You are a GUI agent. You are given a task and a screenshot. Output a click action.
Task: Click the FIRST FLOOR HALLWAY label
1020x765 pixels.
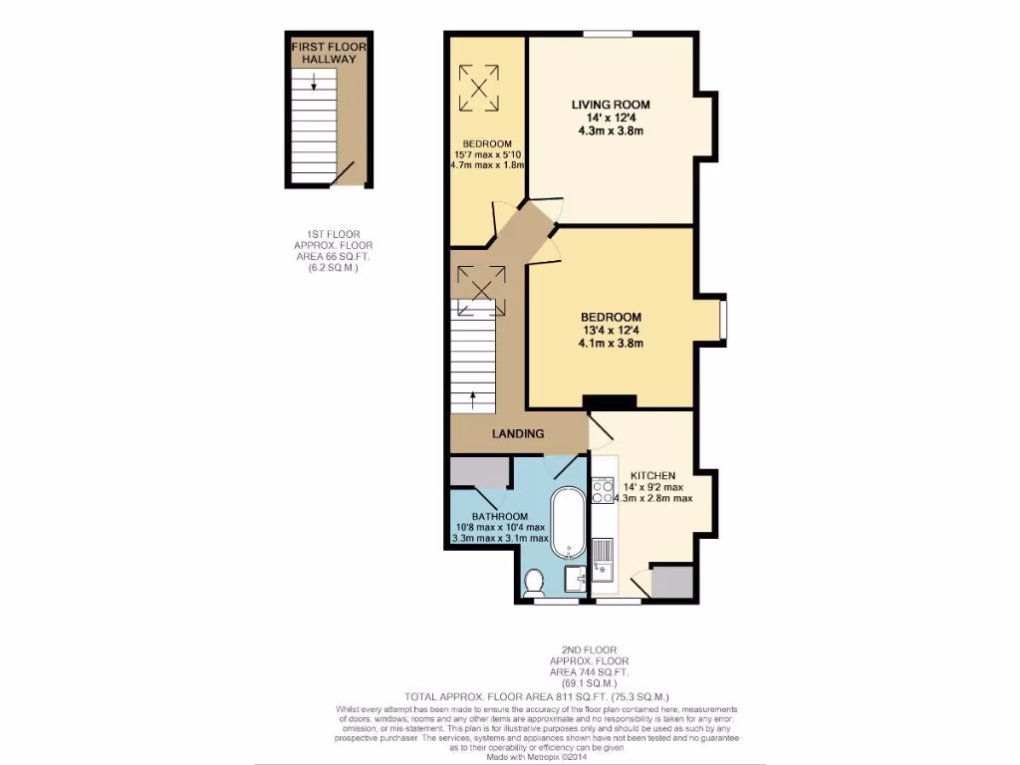(x=324, y=53)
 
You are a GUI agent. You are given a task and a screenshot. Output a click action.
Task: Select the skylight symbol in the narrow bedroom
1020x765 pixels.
(x=478, y=88)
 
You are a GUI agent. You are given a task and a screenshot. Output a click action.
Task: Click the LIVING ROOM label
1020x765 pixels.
(x=611, y=105)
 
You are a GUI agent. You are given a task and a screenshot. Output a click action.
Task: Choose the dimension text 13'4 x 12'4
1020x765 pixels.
(x=611, y=331)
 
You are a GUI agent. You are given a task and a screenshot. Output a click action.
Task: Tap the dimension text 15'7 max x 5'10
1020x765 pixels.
(x=487, y=154)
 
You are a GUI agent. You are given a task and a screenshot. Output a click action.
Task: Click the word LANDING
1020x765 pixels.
(x=519, y=433)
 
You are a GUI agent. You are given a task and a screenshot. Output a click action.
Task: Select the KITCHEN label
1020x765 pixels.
(x=651, y=475)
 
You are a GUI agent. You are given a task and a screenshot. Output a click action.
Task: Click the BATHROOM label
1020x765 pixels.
(x=498, y=516)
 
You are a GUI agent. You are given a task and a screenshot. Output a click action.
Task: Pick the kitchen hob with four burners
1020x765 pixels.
(x=603, y=491)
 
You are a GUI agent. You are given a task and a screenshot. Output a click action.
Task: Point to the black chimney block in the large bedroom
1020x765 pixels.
(x=610, y=402)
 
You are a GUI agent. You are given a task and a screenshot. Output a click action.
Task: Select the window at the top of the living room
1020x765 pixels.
(x=608, y=34)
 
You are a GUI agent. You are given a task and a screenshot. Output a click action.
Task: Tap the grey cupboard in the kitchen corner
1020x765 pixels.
(x=669, y=582)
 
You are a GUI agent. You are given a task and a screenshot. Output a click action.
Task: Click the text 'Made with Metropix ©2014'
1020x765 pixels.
(x=509, y=756)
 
